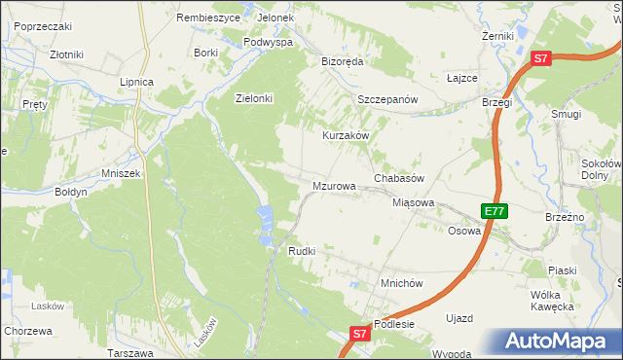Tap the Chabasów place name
pyautogui.click(x=399, y=180)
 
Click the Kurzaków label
pyautogui.click(x=347, y=135)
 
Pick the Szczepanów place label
pyautogui.click(x=386, y=100)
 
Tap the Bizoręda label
pyautogui.click(x=342, y=60)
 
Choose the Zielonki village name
pyautogui.click(x=254, y=98)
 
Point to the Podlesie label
pyautogui.click(x=394, y=324)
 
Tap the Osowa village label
pyautogui.click(x=464, y=231)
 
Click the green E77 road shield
pyautogui.click(x=495, y=210)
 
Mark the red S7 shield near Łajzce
pyautogui.click(x=542, y=58)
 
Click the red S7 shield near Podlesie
pyautogui.click(x=360, y=333)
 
